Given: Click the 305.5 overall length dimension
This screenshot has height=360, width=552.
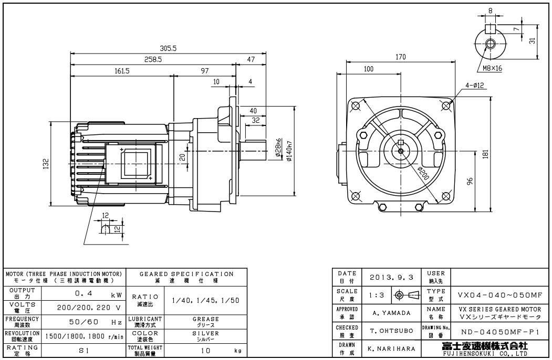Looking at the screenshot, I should click(x=168, y=48).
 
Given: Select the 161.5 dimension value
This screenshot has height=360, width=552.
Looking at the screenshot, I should click(x=121, y=71).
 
